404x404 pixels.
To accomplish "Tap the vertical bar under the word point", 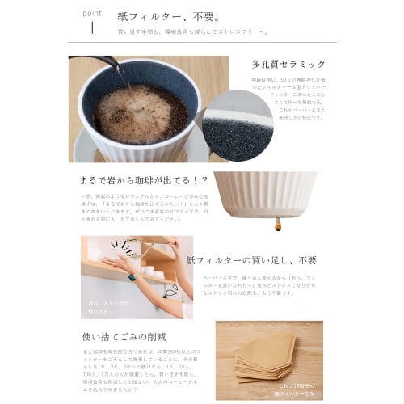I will coord(92,29).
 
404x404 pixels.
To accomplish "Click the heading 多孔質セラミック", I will coord(288,64).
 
